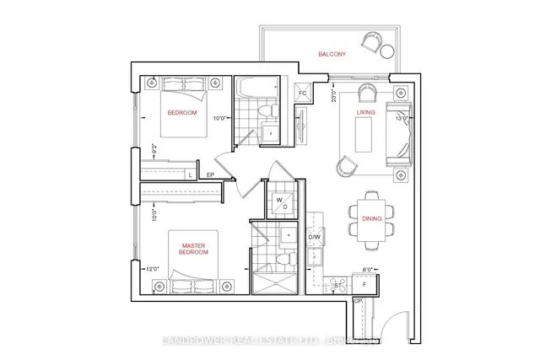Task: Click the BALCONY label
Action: pyautogui.click(x=331, y=54)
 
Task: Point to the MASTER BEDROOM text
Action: pyautogui.click(x=194, y=250)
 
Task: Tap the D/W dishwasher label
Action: pyautogui.click(x=314, y=238)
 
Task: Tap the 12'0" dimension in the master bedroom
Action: pyautogui.click(x=153, y=269)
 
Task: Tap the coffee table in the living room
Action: pyautogui.click(x=364, y=133)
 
